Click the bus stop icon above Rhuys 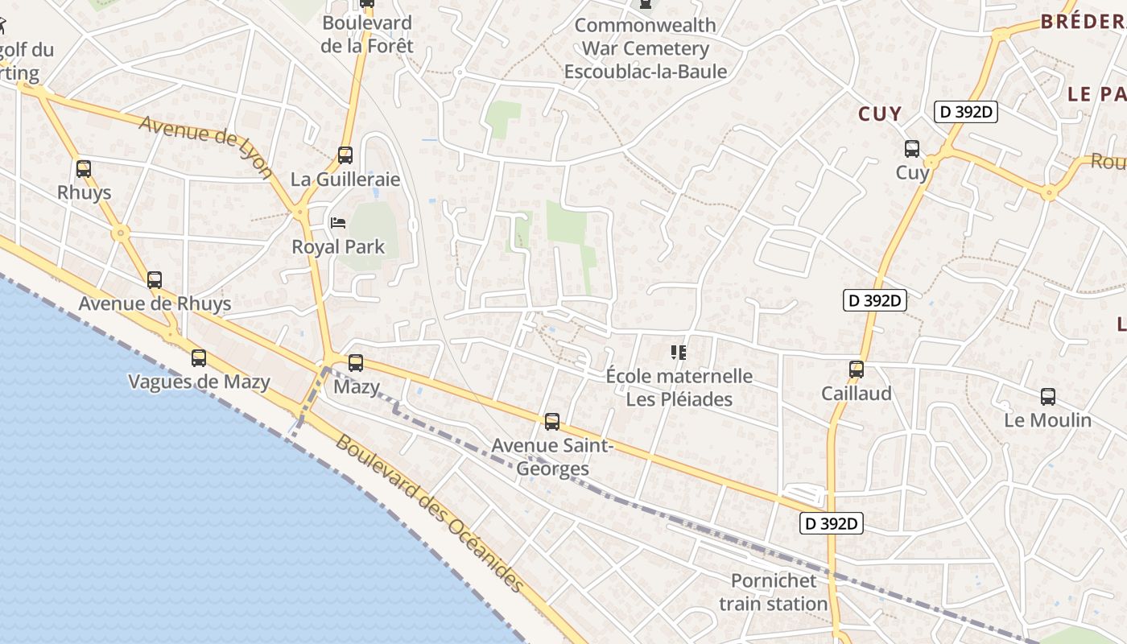click(84, 169)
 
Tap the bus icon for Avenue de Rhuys click(155, 280)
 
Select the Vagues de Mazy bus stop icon click(199, 358)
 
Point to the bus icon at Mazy click(356, 363)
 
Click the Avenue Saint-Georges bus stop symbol click(552, 422)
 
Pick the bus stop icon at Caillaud click(857, 369)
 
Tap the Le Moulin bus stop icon click(1048, 397)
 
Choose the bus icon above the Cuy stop click(912, 149)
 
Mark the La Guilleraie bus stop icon click(345, 155)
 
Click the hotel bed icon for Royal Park click(338, 222)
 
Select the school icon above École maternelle click(679, 352)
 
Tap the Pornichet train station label click(774, 592)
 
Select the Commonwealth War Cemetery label click(646, 48)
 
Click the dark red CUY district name click(880, 114)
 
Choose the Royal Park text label click(338, 247)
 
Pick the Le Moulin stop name click(1048, 420)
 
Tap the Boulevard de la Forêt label click(367, 35)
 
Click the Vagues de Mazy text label click(199, 382)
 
